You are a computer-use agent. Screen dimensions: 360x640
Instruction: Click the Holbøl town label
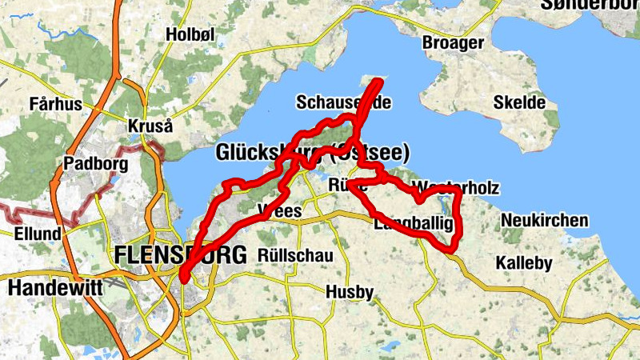click(x=192, y=34)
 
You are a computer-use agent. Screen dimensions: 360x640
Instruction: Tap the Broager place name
click(x=453, y=42)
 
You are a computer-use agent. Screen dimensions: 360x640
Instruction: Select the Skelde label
click(x=519, y=102)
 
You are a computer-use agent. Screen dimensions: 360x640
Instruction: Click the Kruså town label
click(x=150, y=126)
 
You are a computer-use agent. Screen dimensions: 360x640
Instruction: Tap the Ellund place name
click(x=38, y=234)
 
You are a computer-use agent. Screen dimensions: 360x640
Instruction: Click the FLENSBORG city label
click(x=180, y=255)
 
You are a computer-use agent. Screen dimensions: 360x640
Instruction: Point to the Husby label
click(x=350, y=293)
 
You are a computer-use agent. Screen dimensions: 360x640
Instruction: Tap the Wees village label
click(x=280, y=211)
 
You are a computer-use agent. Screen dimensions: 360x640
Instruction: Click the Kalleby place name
click(x=524, y=262)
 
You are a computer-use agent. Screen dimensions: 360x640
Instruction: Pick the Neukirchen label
click(x=544, y=220)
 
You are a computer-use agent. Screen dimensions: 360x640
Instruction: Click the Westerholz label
click(x=457, y=188)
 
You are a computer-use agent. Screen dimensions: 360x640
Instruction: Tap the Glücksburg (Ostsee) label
click(x=312, y=152)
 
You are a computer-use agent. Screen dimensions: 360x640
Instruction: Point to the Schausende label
click(x=343, y=102)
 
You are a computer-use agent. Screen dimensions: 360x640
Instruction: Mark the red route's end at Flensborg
click(x=183, y=279)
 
